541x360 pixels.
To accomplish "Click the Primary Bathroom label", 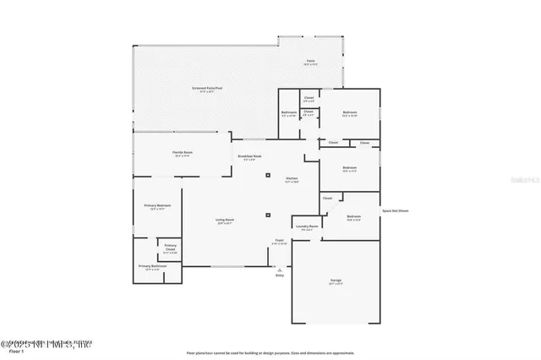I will tap(153, 266).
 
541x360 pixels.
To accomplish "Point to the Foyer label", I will tap(279, 242).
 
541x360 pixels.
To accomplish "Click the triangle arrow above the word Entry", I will tap(279, 269).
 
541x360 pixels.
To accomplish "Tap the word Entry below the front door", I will tap(279, 275).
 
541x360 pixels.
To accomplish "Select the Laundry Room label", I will tap(306, 227).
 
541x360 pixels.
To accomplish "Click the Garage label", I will tap(336, 281).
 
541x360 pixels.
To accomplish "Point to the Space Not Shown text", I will tap(395, 210).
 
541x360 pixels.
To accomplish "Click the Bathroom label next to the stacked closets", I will tap(288, 113).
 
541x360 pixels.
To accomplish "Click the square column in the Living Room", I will tap(268, 215).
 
